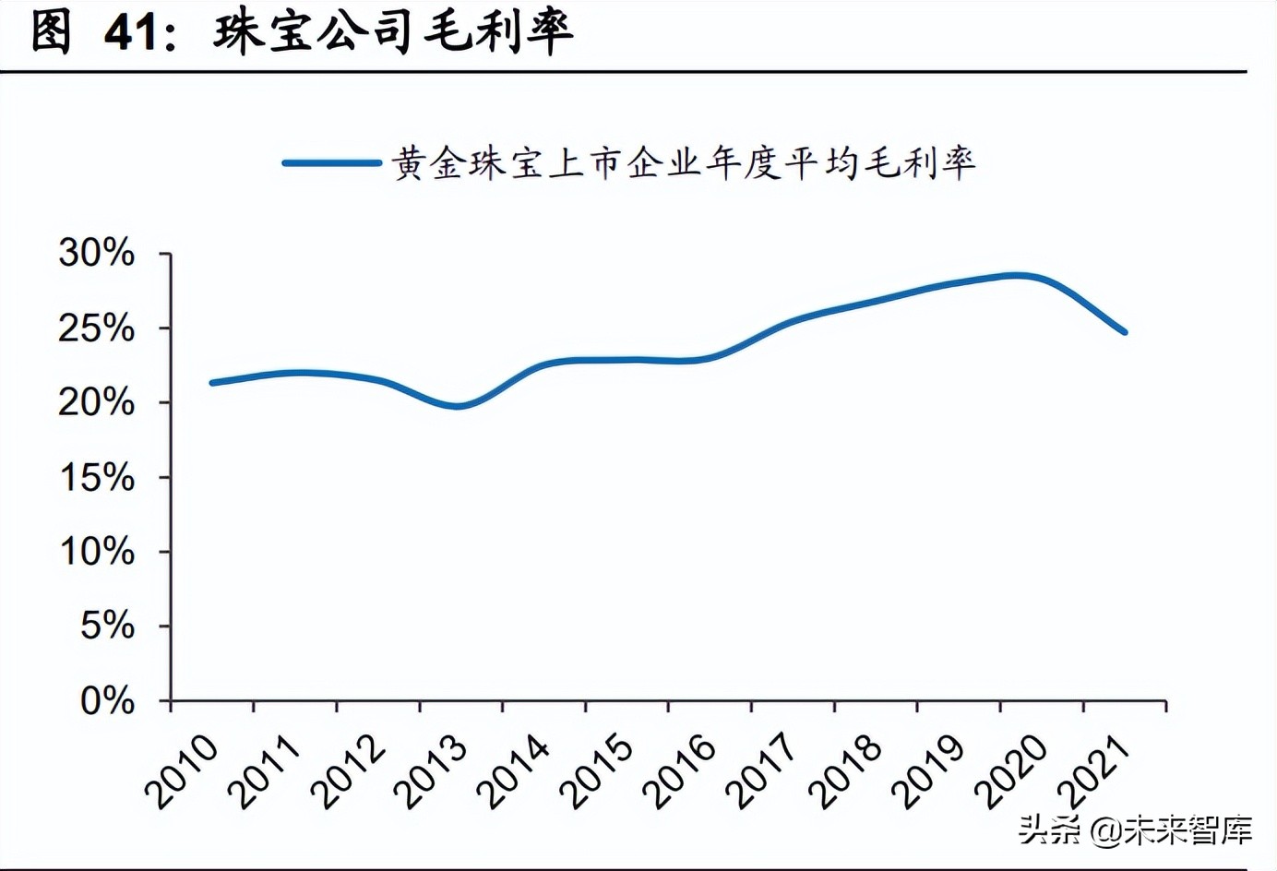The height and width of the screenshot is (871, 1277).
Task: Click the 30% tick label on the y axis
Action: [x=96, y=253]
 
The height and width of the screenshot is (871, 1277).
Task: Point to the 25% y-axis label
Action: [x=96, y=328]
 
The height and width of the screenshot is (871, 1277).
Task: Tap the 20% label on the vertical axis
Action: [x=96, y=402]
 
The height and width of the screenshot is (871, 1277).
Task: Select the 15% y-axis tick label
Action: [x=96, y=477]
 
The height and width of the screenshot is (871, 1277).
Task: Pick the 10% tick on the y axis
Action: [x=96, y=552]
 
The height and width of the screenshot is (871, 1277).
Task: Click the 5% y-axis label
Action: [x=107, y=626]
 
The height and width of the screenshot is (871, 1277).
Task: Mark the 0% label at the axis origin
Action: [x=107, y=701]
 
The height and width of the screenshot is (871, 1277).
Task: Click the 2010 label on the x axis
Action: [x=182, y=771]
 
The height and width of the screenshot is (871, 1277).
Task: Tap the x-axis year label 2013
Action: [x=431, y=771]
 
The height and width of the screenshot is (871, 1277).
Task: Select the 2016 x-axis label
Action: [x=680, y=771]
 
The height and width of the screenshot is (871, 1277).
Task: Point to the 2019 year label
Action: [x=929, y=771]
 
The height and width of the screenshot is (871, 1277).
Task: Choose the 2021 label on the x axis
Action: [x=1094, y=771]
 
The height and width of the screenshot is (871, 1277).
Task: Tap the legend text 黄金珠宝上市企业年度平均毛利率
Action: [x=684, y=163]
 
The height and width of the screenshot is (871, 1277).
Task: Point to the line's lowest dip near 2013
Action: [x=458, y=406]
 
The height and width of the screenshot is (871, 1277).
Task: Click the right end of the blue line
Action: [x=1124, y=331]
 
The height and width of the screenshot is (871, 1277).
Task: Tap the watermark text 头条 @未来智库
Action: [x=1136, y=829]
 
